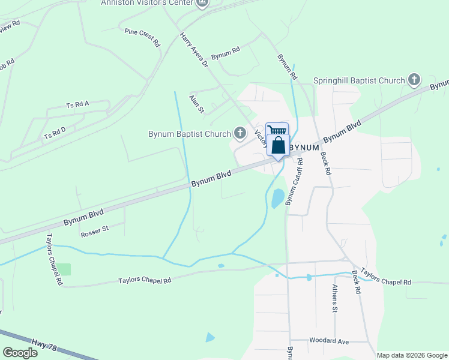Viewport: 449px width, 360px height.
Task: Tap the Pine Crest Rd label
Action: [x=142, y=37]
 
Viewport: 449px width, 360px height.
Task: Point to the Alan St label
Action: [x=196, y=103]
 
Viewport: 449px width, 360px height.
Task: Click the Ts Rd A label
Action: [x=77, y=104]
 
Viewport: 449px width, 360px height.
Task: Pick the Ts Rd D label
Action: [x=55, y=133]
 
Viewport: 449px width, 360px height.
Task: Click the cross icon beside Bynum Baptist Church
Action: [x=240, y=133]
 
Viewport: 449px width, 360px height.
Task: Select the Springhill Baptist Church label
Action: [x=359, y=80]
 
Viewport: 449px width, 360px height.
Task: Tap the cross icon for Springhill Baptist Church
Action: [x=414, y=80]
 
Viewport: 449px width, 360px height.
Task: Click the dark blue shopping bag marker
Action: [x=278, y=146]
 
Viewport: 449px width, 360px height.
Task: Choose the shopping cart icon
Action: [x=277, y=130]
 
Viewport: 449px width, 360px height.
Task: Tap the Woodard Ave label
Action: [x=328, y=341]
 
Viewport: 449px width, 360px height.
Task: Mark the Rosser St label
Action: [x=94, y=229]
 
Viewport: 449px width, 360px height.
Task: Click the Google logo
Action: [x=20, y=352]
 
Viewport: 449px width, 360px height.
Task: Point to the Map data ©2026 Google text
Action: [x=411, y=355]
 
